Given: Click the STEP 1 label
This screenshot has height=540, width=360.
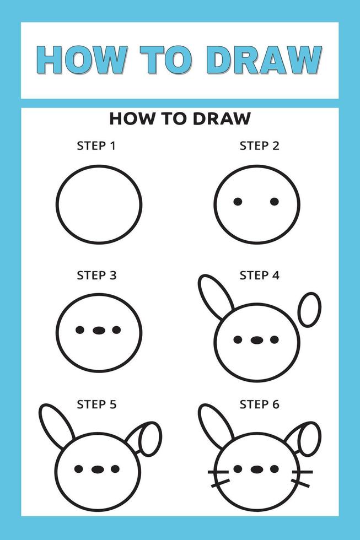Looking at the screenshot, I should point(96,146).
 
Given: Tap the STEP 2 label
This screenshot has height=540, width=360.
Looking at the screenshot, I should point(259,146).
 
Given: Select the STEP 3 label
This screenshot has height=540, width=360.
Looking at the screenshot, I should point(96,275).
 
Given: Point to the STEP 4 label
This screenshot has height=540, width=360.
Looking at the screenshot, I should point(259,275).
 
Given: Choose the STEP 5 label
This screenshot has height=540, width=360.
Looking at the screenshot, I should point(96,404).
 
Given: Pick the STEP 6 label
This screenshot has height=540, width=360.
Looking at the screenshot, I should point(259,404).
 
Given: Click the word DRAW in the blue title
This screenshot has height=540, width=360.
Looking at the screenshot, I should point(267,60).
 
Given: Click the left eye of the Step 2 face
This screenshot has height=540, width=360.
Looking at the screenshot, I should point(238,202).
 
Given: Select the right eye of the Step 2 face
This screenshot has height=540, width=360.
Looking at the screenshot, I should point(275,202).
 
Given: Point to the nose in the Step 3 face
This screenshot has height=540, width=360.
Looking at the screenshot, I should point(99,330).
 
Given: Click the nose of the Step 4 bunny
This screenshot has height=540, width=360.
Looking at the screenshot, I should point(256,340).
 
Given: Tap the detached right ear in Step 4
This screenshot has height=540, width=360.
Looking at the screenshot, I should point(309,310).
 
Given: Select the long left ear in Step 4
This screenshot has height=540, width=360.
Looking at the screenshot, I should point(216,296).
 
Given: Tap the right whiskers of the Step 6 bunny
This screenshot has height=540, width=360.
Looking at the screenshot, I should point(301,477).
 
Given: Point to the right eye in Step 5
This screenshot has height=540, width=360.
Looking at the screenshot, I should point(115,469).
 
